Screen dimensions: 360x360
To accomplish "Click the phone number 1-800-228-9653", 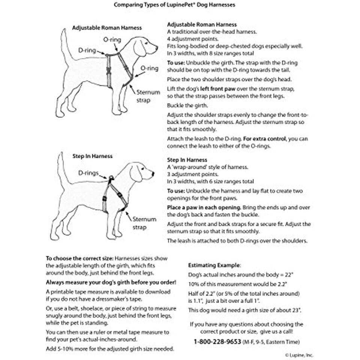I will pos(217,342).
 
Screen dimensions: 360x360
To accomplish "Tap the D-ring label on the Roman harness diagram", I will pos(87,50).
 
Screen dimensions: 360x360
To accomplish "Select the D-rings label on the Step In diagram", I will pos(88,173).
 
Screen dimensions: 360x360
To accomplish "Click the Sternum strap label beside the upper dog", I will pos(148,96).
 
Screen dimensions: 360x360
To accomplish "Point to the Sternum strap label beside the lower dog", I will pos(144,222).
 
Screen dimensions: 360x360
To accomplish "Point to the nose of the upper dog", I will pos(156,48).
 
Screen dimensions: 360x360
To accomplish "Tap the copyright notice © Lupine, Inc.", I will pos(299,355).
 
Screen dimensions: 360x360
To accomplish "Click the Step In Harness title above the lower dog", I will pos(92,156).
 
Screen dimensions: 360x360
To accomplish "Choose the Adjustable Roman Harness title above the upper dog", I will pos(107,28).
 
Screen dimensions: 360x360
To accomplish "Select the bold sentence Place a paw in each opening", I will pos(204,207).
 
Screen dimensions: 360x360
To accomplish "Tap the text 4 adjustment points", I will pos(190,39).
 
